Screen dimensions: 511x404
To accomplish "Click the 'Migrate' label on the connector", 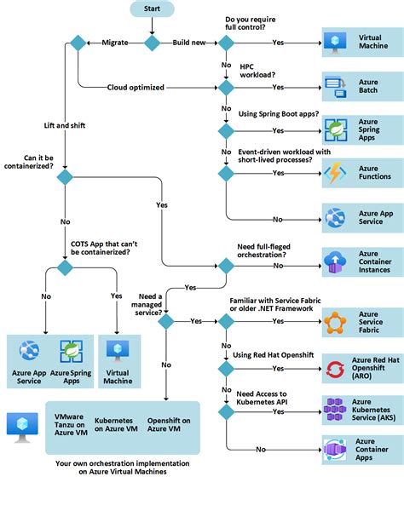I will pos(115,42).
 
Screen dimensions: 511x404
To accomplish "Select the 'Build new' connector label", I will pos(189,42).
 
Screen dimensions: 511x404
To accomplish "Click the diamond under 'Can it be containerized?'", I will pos(64,177).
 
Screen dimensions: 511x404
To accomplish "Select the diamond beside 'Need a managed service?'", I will pos(166,321).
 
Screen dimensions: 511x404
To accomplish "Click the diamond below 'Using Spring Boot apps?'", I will pos(226,130).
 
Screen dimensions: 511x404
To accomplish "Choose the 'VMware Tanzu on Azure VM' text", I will pos(67,424).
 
